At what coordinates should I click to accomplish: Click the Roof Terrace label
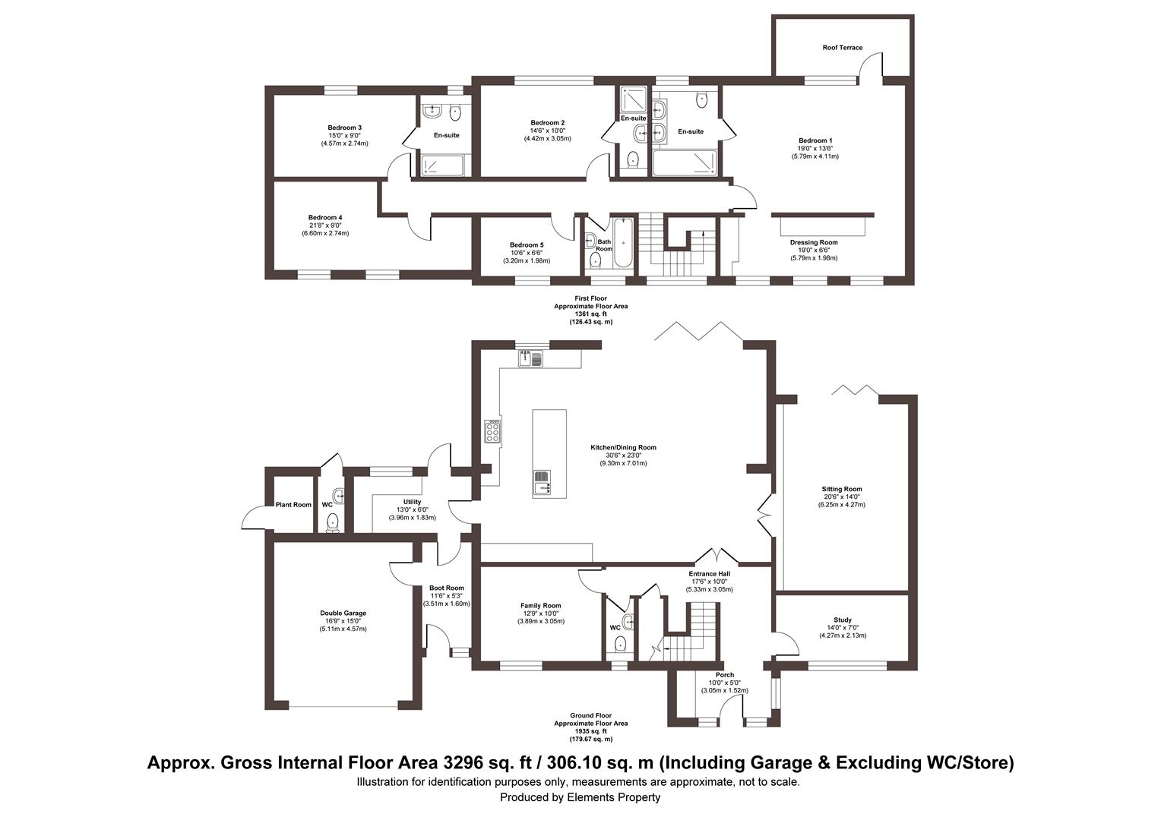tap(842, 48)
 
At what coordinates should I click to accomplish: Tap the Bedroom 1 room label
tap(815, 140)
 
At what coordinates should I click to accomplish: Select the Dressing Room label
tap(813, 242)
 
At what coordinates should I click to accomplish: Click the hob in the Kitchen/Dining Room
tap(492, 431)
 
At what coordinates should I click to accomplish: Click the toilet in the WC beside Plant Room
tap(332, 522)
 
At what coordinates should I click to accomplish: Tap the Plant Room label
tap(293, 505)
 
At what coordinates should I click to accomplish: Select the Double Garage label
tap(343, 613)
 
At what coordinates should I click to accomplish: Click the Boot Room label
tap(446, 588)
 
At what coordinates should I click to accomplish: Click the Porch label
tap(724, 675)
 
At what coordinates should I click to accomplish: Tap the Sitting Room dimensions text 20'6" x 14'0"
tap(841, 497)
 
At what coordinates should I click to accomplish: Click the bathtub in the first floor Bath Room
tap(622, 244)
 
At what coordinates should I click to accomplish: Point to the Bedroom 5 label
tap(526, 245)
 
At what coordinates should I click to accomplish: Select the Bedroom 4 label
tap(324, 218)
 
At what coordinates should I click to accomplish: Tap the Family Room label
tap(540, 605)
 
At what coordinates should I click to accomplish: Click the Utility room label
tap(412, 502)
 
